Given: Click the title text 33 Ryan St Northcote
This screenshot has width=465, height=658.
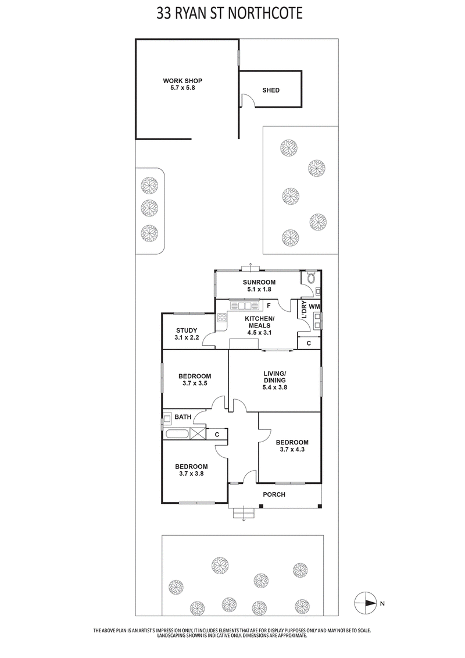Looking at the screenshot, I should pyautogui.click(x=230, y=13).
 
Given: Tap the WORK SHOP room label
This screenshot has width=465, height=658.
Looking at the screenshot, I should pyautogui.click(x=182, y=81).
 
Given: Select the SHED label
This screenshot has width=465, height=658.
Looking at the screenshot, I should pyautogui.click(x=271, y=90).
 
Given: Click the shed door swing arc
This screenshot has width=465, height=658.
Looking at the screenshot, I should pyautogui.click(x=246, y=101).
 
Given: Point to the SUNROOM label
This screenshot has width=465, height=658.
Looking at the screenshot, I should pyautogui.click(x=259, y=282).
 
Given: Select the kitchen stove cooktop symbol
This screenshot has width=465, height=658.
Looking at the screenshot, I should pyautogui.click(x=221, y=318).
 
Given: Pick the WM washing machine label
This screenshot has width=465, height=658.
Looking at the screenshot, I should pyautogui.click(x=314, y=306).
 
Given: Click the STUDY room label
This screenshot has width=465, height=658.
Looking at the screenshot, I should pyautogui.click(x=186, y=330).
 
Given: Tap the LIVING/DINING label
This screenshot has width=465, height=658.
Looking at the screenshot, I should pyautogui.click(x=274, y=376).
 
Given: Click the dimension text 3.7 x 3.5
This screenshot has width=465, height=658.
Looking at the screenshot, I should pyautogui.click(x=195, y=384).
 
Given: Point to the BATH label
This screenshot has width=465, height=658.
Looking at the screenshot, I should pyautogui.click(x=183, y=417).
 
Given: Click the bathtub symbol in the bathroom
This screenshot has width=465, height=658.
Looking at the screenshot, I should pyautogui.click(x=177, y=433).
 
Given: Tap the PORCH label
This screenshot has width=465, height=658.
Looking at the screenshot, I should pyautogui.click(x=274, y=495).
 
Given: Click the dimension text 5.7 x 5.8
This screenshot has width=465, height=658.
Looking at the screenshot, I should pyautogui.click(x=182, y=88).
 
